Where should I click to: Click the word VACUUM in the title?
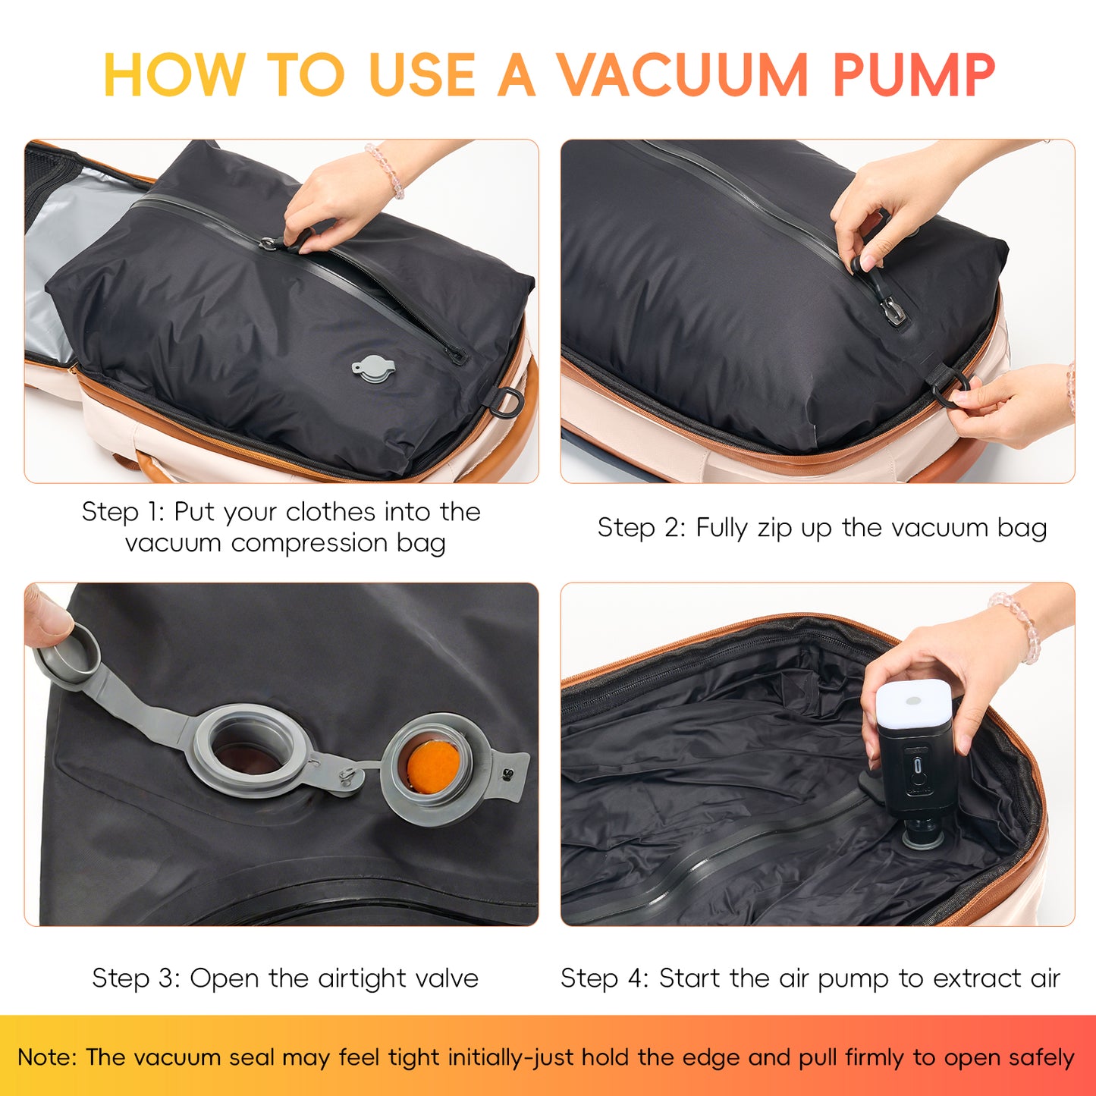pos(683,75)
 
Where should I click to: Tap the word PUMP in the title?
pos(913,75)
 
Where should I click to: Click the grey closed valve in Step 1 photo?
pos(372,369)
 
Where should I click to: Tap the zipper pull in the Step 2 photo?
pos(892,309)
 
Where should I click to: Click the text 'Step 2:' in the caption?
pos(639,528)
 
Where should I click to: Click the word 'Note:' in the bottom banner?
pos(47,1057)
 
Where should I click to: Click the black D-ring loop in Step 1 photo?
pos(507,400)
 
